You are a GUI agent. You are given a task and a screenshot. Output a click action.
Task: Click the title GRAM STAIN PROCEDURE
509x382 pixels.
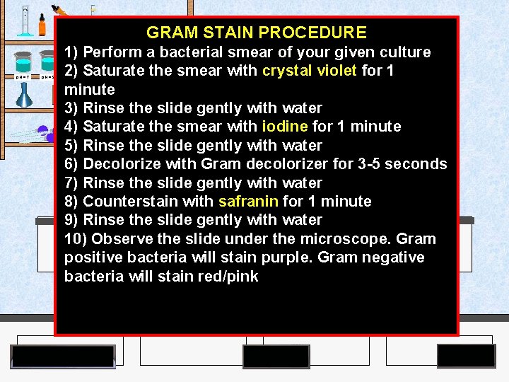click(x=256, y=33)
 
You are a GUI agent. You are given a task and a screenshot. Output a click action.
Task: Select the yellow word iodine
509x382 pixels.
click(x=285, y=127)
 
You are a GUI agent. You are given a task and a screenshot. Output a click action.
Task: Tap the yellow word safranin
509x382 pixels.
click(x=248, y=201)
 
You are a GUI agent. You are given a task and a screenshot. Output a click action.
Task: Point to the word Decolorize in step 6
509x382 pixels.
click(x=121, y=164)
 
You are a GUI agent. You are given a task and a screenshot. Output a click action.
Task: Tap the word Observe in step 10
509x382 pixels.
click(x=123, y=238)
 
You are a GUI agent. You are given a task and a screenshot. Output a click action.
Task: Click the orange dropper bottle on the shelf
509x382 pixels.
click(x=42, y=25)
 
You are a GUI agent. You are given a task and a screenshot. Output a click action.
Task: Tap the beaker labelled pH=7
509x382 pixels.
click(x=22, y=63)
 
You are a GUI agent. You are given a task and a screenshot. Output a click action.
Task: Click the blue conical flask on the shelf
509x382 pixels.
click(x=25, y=95)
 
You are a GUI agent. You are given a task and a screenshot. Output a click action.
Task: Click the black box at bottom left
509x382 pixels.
click(x=63, y=357)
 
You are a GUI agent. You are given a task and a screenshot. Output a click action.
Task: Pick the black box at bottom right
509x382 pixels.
click(x=466, y=356)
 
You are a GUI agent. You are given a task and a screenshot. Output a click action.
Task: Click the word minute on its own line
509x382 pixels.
click(x=89, y=90)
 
